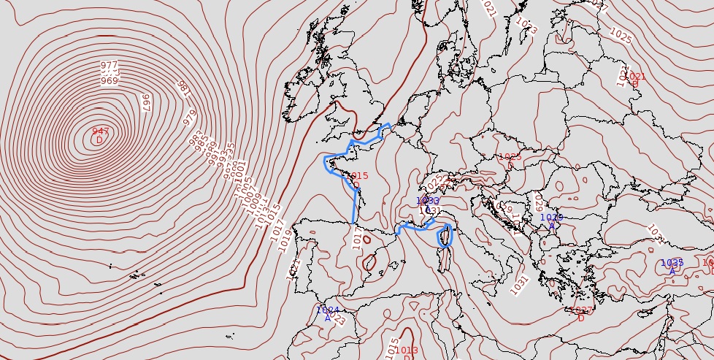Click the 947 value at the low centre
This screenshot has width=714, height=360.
click(101, 131)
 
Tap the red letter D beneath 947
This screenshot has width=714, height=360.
click(100, 140)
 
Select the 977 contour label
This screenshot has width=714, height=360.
click(110, 66)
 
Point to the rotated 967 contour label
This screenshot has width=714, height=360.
click(145, 102)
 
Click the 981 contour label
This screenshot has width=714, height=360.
click(183, 90)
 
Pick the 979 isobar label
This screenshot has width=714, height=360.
click(189, 117)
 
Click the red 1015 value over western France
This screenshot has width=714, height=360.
click(358, 176)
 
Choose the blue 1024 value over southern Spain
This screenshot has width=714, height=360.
click(328, 310)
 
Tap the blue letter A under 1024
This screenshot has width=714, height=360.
click(328, 318)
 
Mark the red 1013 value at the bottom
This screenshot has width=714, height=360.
click(407, 351)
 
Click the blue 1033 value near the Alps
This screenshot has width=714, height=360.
click(428, 201)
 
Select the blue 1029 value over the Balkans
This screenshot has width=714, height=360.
click(552, 217)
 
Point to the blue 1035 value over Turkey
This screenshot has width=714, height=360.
click(672, 263)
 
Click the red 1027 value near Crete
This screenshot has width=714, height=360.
click(581, 310)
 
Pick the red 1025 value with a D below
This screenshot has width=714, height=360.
click(510, 157)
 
